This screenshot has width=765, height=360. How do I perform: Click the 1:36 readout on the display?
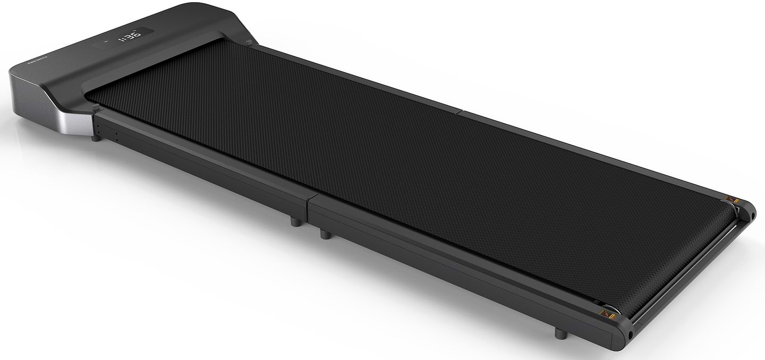pos(129,37)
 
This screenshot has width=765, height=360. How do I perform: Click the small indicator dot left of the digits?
pos(106,41)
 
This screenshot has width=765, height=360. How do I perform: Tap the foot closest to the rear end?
pos(559,333)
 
